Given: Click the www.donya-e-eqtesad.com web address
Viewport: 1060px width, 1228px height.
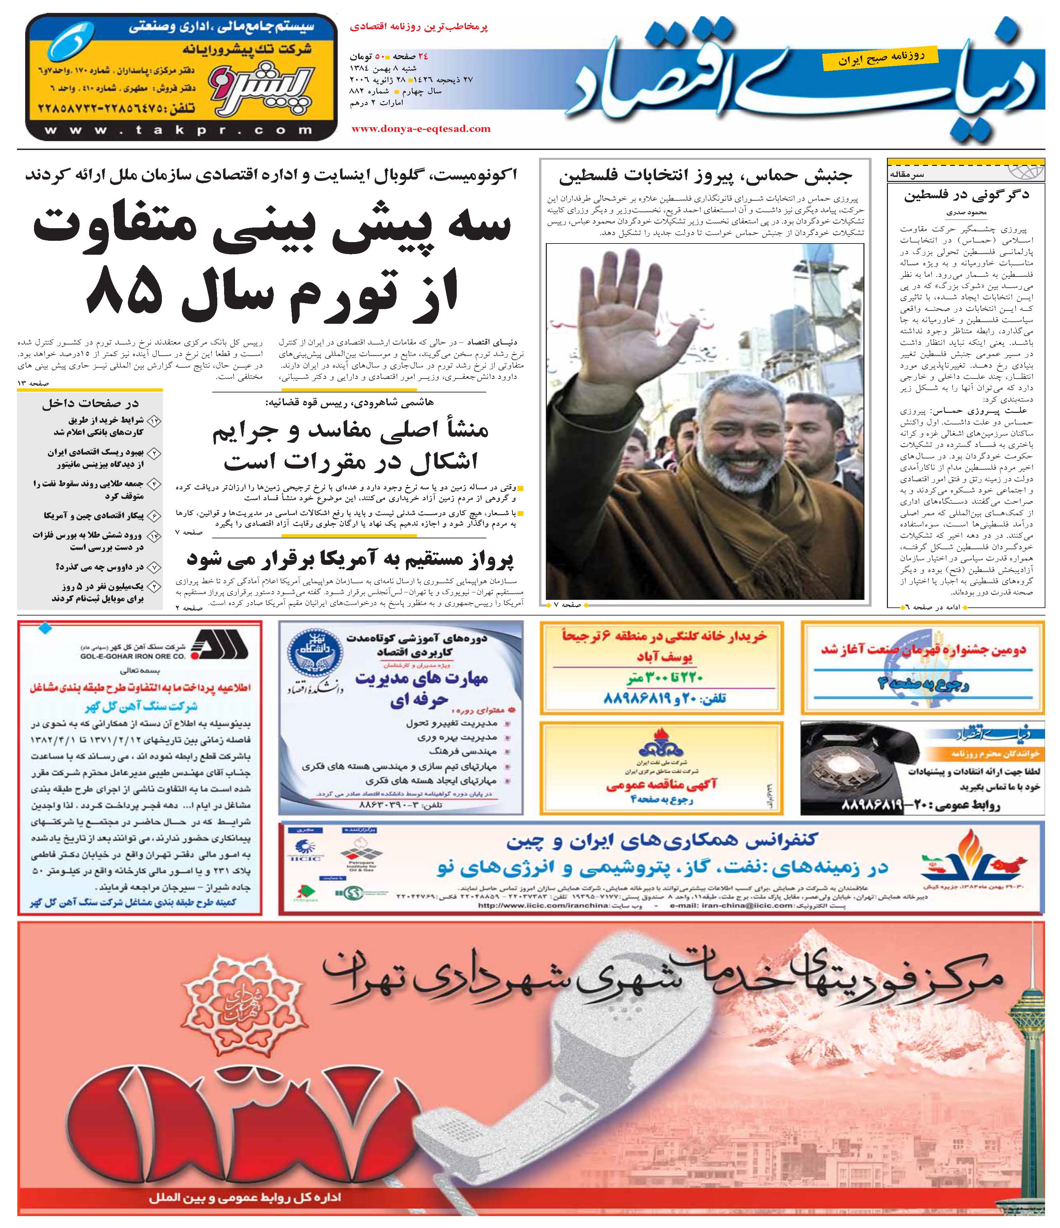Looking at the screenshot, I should coord(421,129).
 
